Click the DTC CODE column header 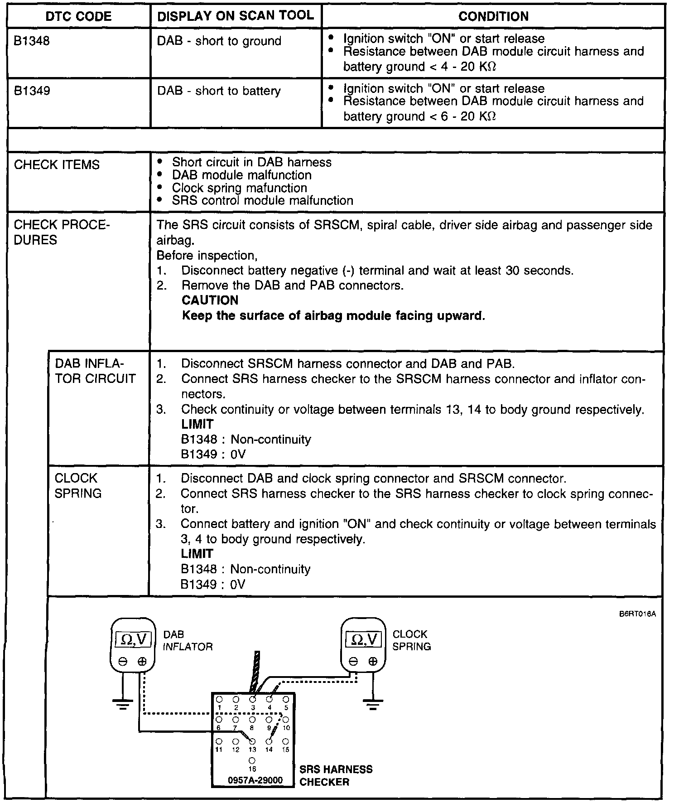click(78, 17)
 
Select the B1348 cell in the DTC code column click(32, 41)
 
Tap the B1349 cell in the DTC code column click(32, 91)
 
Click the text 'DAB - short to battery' click(219, 91)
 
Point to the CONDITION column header click(493, 17)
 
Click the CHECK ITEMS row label click(57, 164)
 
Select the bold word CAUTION click(210, 300)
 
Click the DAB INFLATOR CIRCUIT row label click(95, 371)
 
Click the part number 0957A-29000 click(255, 780)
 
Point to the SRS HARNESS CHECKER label click(336, 775)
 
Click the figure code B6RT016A click(637, 615)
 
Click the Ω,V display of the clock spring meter click(364, 639)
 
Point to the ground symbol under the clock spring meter click(373, 704)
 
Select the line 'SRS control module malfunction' click(262, 201)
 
